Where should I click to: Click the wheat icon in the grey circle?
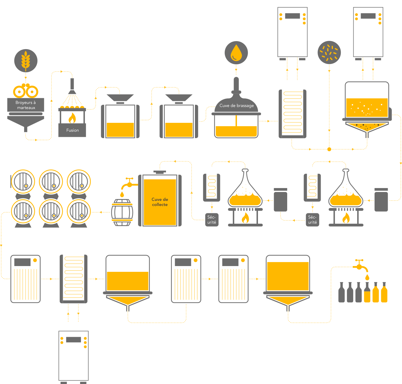click(x=26, y=60)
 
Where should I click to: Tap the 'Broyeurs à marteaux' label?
click(x=26, y=105)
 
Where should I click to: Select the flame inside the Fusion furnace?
click(x=72, y=118)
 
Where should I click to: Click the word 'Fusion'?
click(x=72, y=130)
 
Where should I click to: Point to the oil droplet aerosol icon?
click(x=236, y=53)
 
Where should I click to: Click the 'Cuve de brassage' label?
click(x=237, y=105)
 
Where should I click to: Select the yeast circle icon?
click(x=329, y=52)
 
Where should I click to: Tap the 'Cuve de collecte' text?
click(x=160, y=202)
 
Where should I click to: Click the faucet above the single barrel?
click(x=129, y=183)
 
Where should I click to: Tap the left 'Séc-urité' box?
click(x=212, y=219)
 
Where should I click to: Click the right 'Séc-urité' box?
click(x=312, y=219)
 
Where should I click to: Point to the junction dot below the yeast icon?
click(x=329, y=149)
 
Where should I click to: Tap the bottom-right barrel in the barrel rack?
click(x=79, y=212)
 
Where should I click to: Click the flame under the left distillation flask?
click(x=245, y=218)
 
